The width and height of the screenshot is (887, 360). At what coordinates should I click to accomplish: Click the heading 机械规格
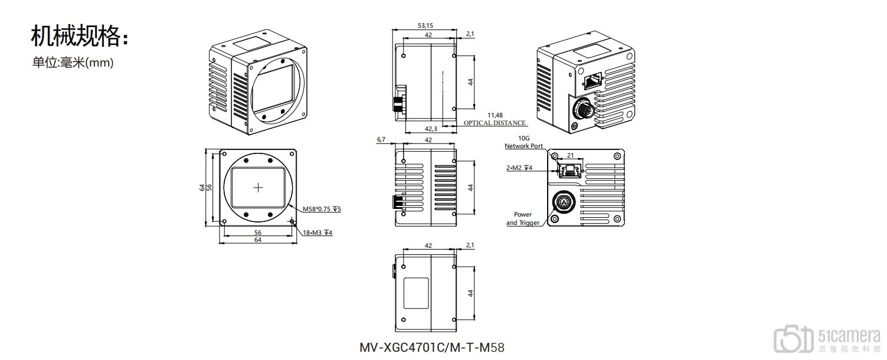click(x=78, y=37)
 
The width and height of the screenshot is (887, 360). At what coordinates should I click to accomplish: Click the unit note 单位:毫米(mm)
click(x=73, y=62)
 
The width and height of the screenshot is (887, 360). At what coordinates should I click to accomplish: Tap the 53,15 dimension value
click(x=425, y=25)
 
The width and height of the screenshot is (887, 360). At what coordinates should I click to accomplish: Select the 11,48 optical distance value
click(x=495, y=114)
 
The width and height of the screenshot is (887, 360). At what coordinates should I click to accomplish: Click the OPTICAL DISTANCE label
click(x=494, y=123)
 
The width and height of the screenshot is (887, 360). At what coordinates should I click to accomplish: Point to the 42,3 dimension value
click(x=431, y=129)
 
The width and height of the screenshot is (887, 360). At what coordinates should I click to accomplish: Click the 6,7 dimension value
click(x=381, y=140)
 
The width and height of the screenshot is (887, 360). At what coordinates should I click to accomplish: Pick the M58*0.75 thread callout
click(x=322, y=209)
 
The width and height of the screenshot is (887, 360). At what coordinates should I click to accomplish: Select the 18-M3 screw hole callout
click(x=318, y=233)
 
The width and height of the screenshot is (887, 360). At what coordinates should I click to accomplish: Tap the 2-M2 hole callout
click(x=519, y=168)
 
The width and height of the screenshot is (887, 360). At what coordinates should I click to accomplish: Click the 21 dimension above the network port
click(x=570, y=155)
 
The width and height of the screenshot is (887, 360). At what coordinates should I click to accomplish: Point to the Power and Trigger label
click(x=522, y=218)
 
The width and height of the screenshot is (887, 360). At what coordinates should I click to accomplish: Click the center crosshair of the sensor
click(x=258, y=188)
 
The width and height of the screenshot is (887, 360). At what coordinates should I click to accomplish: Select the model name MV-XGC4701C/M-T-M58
click(x=432, y=347)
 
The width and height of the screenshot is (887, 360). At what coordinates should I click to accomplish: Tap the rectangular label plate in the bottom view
click(x=416, y=293)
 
